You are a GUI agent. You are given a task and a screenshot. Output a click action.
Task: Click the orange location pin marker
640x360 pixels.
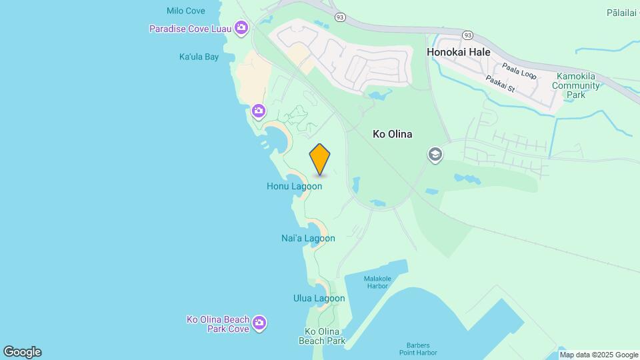point(320,159)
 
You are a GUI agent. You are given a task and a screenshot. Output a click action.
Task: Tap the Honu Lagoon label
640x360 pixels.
point(294,187)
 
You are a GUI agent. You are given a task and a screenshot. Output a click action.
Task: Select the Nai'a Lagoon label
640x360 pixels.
point(308,238)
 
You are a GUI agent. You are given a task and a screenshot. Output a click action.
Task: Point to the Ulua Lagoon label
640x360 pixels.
point(319,298)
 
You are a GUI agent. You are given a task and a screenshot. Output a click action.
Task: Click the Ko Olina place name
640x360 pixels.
point(392,134)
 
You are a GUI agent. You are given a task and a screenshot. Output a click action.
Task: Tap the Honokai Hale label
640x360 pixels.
point(458,52)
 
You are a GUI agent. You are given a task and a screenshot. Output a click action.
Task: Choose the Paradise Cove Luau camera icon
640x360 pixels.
point(241,28)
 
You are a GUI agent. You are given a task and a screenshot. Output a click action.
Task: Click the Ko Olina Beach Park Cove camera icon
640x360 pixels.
point(259,323)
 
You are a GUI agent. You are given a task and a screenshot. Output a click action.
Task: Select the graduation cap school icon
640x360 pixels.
point(435,155)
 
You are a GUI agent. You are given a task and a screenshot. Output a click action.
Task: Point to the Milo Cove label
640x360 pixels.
point(185,11)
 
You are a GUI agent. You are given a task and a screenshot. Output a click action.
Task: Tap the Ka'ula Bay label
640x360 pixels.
point(199,57)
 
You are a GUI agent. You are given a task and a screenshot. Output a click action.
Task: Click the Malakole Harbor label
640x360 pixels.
point(377,282)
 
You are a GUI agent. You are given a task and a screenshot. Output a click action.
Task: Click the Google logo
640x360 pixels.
point(22,352)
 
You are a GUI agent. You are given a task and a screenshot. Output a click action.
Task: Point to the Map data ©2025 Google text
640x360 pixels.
point(599,355)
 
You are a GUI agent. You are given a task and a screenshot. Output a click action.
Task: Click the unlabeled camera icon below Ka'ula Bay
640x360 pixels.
point(259,111)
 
